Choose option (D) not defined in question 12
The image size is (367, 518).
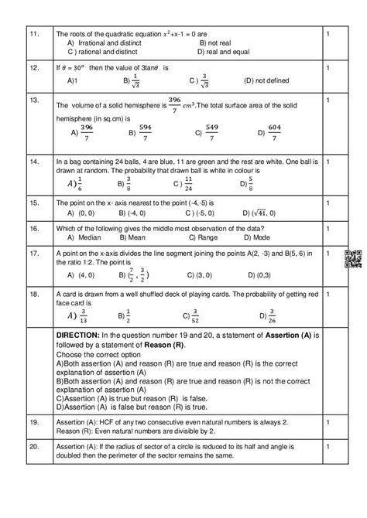point(265,80)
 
